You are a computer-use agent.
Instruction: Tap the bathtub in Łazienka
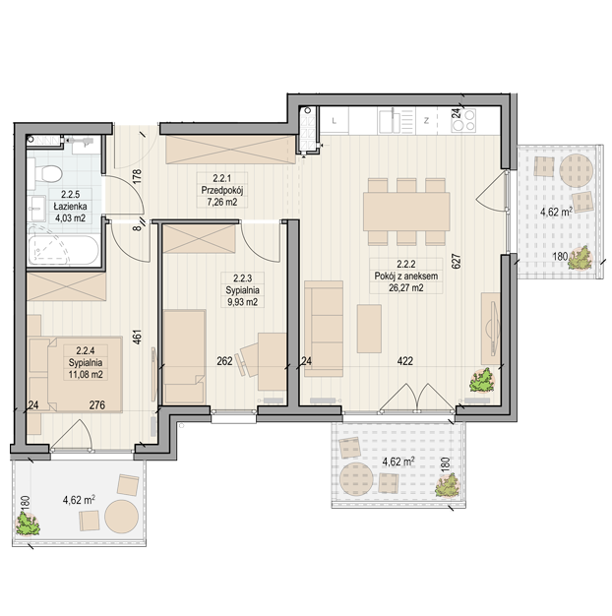click(x=63, y=250)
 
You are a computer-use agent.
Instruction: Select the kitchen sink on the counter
click(x=397, y=121)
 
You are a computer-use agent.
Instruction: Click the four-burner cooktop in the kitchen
click(x=463, y=120)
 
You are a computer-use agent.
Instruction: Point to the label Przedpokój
click(x=222, y=191)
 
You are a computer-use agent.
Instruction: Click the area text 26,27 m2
click(x=406, y=287)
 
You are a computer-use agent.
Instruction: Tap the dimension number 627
click(x=456, y=261)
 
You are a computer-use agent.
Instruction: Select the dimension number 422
click(x=405, y=360)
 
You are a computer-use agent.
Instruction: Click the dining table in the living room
click(x=406, y=212)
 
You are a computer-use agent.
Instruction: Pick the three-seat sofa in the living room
click(x=324, y=329)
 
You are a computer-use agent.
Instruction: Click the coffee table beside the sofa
click(x=369, y=329)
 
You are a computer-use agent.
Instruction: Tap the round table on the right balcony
click(x=576, y=170)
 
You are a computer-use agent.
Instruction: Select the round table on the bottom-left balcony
click(x=121, y=517)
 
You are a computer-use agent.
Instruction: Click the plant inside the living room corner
click(x=481, y=380)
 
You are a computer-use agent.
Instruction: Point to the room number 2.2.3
click(x=242, y=278)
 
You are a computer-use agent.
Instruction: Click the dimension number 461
click(x=137, y=337)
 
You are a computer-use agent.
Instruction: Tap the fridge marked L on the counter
click(x=335, y=121)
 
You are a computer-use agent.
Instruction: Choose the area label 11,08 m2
click(x=86, y=374)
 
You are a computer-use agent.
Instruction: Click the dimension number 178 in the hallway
click(x=137, y=177)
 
